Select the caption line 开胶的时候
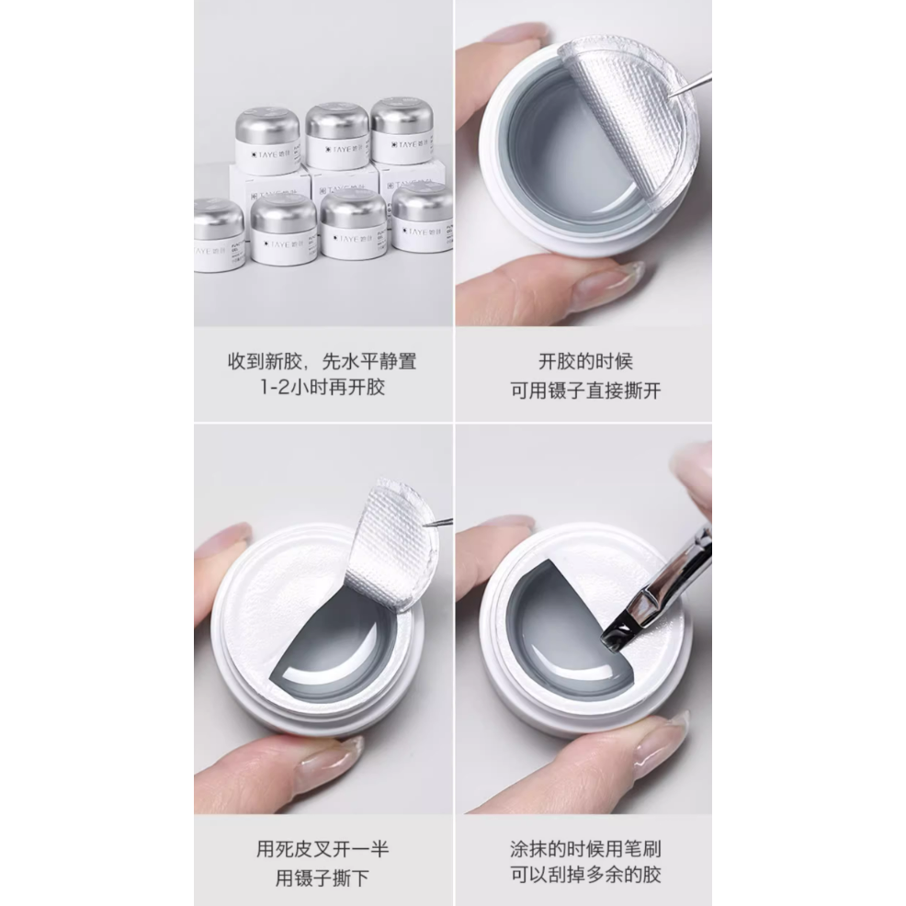click(x=585, y=361)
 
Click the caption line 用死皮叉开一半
click(x=323, y=848)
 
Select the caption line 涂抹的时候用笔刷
click(x=585, y=848)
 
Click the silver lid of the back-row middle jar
click(x=336, y=120)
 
